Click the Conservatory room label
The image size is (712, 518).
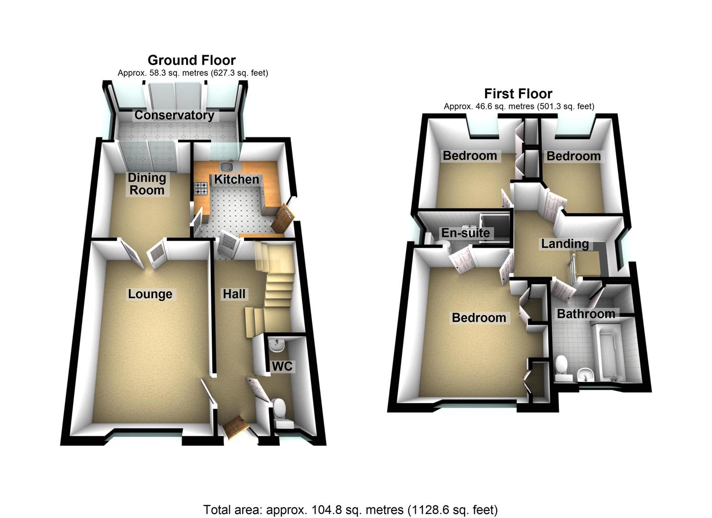[x=174, y=115]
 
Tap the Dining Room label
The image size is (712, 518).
[x=147, y=184]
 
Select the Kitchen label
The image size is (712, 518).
[x=236, y=179]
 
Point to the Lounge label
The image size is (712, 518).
[x=150, y=294]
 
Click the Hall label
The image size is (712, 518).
[x=234, y=294]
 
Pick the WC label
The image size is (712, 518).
[x=282, y=366]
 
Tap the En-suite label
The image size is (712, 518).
[x=466, y=233]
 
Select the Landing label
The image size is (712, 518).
[x=565, y=244]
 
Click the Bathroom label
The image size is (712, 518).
[x=586, y=314]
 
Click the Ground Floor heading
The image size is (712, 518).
[x=191, y=60]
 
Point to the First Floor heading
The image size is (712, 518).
[x=518, y=94]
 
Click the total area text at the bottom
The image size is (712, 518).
[x=350, y=509]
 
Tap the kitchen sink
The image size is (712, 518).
[x=227, y=166]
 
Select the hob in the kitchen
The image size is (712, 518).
[x=201, y=188]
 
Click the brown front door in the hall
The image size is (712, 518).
[x=235, y=427]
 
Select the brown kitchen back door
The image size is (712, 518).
[x=281, y=218]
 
